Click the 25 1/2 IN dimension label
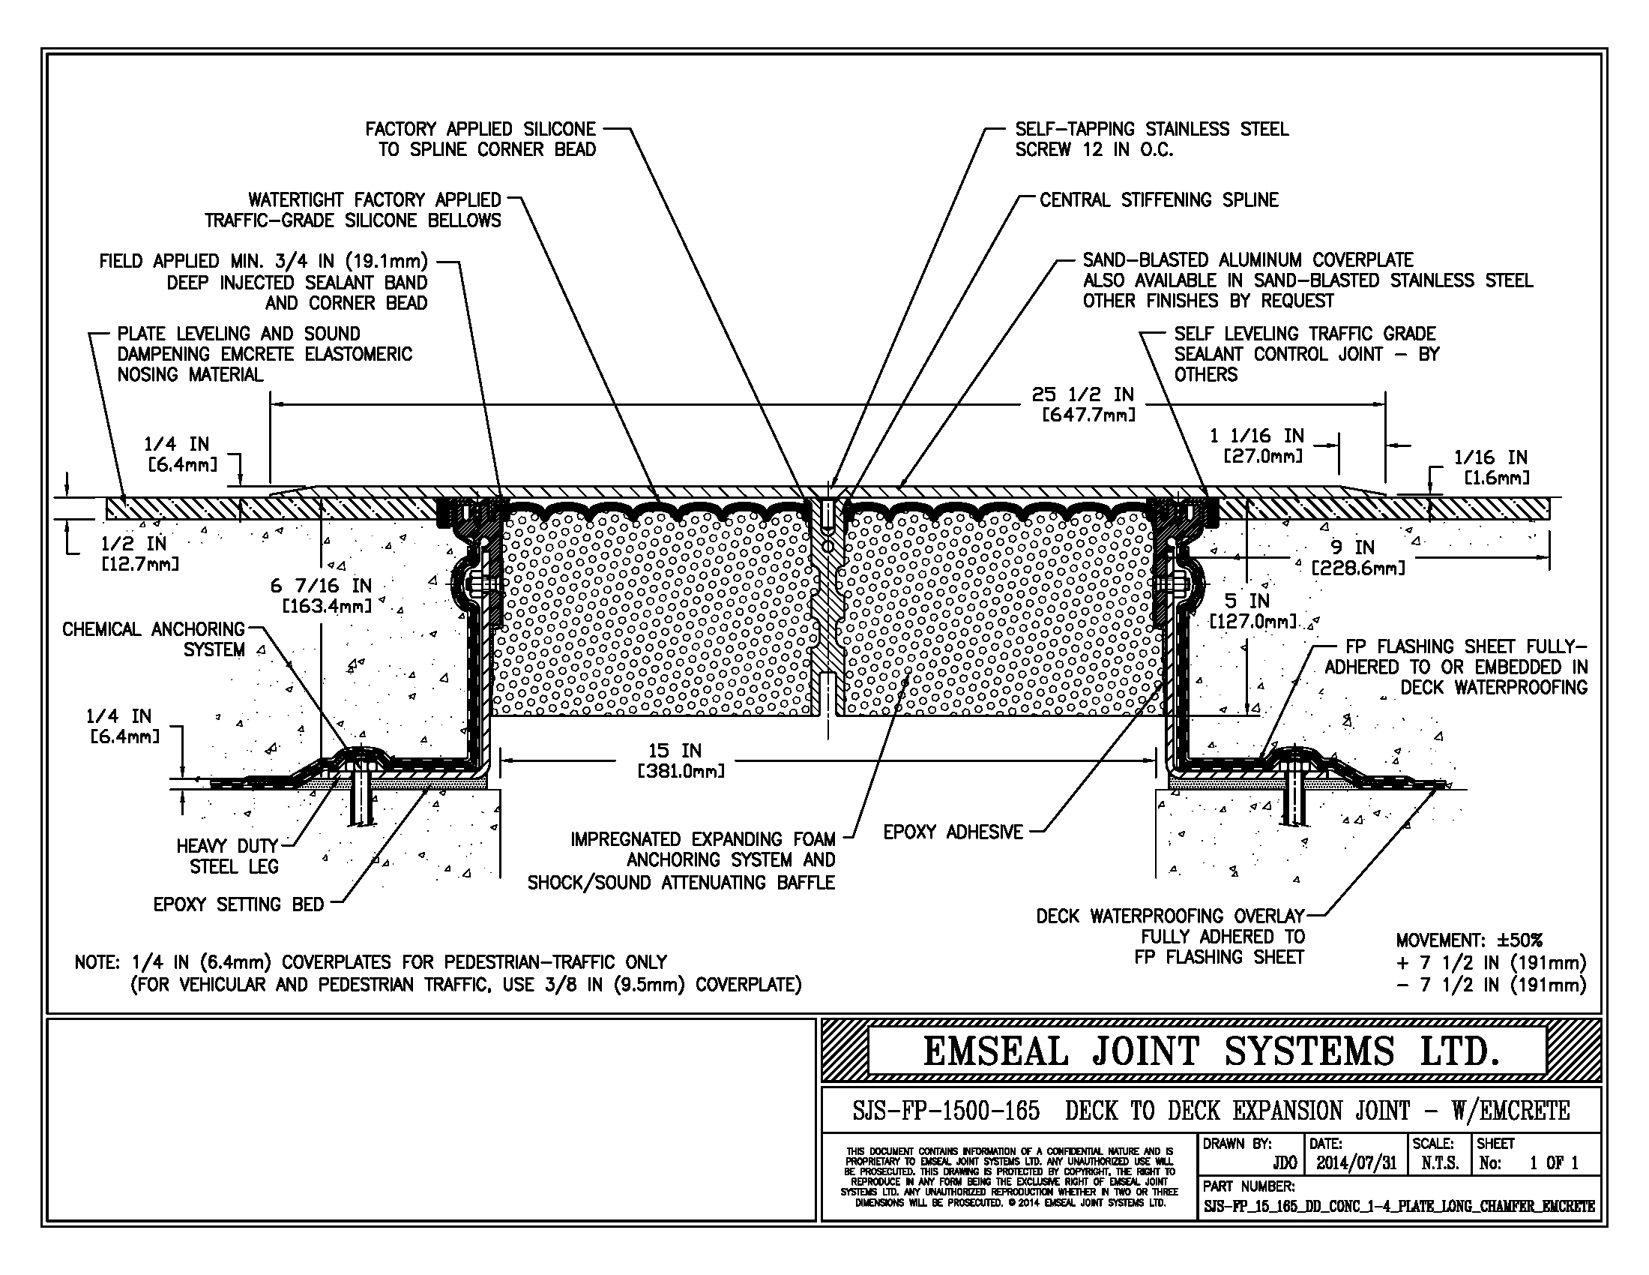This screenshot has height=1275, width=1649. coord(1083,395)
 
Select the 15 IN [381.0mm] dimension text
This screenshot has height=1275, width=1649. coord(681,760)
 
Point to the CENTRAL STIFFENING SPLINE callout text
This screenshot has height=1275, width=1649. coord(1158,200)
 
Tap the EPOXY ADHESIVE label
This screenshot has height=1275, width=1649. coord(953,832)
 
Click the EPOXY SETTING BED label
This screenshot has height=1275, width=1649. coord(238,905)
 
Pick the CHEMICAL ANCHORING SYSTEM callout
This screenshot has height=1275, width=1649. coord(154,639)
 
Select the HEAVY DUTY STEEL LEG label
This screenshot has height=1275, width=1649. coord(227,856)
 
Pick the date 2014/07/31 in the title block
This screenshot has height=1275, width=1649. coord(1356,1163)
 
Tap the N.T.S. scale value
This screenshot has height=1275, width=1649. coord(1440,1163)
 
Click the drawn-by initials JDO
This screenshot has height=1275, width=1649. coord(1284,1163)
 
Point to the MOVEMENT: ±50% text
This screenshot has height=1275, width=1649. coord(1468,940)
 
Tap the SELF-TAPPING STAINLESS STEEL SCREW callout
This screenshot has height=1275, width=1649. coord(1151,139)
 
